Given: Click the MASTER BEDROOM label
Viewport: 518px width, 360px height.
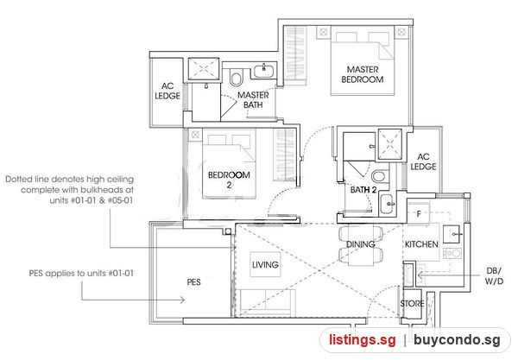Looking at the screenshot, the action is [363, 74].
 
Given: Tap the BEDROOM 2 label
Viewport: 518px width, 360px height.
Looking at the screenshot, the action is [229, 180].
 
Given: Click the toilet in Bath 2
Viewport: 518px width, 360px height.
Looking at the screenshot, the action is [380, 176].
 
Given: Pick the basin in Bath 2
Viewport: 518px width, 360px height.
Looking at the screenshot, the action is [387, 205].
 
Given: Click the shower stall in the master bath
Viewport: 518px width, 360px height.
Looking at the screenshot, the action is [204, 69].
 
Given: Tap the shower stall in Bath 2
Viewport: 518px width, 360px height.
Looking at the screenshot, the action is [390, 145].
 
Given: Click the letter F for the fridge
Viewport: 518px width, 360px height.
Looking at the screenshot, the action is [419, 214].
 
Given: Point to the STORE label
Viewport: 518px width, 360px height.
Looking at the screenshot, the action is [412, 303].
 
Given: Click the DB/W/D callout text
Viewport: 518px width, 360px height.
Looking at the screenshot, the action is [494, 275].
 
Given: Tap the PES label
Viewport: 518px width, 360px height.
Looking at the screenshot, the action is [193, 282].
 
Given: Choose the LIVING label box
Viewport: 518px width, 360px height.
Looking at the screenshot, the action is [265, 264].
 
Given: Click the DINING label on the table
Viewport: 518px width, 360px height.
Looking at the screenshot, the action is [360, 244].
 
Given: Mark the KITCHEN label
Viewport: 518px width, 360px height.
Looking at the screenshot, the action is [421, 244].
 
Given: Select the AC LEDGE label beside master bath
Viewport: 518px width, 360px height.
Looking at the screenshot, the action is [167, 91].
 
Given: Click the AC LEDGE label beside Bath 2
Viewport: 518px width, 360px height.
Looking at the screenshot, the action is [423, 161].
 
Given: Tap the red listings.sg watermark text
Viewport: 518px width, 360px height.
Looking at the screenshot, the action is [362, 340].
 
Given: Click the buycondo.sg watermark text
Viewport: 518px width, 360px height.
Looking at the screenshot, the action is [457, 340].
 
